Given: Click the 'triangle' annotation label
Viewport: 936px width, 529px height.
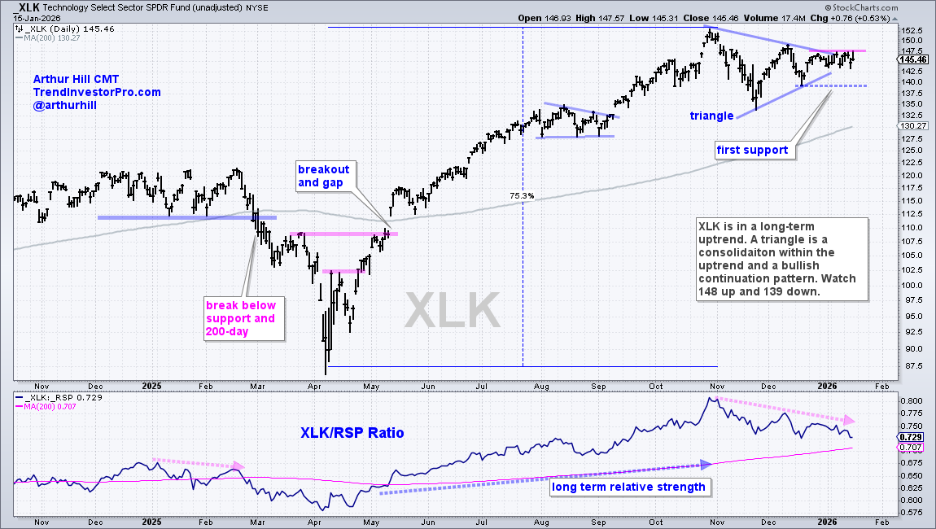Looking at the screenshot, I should tap(712, 116).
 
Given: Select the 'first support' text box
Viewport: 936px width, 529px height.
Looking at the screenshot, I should tap(753, 150).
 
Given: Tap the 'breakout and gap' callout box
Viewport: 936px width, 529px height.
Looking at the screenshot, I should tap(323, 176).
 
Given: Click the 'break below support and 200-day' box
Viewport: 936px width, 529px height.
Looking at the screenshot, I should tap(240, 318).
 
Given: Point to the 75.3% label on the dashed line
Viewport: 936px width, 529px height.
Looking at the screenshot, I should tap(522, 195).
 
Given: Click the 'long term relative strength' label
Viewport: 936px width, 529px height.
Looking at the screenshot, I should tap(628, 487).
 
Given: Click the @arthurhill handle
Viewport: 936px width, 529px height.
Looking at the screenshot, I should tap(64, 106).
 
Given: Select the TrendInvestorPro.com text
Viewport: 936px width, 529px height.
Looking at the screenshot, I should tap(97, 92).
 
